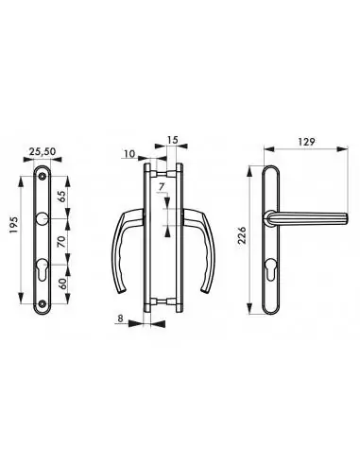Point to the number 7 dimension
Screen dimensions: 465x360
163,188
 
